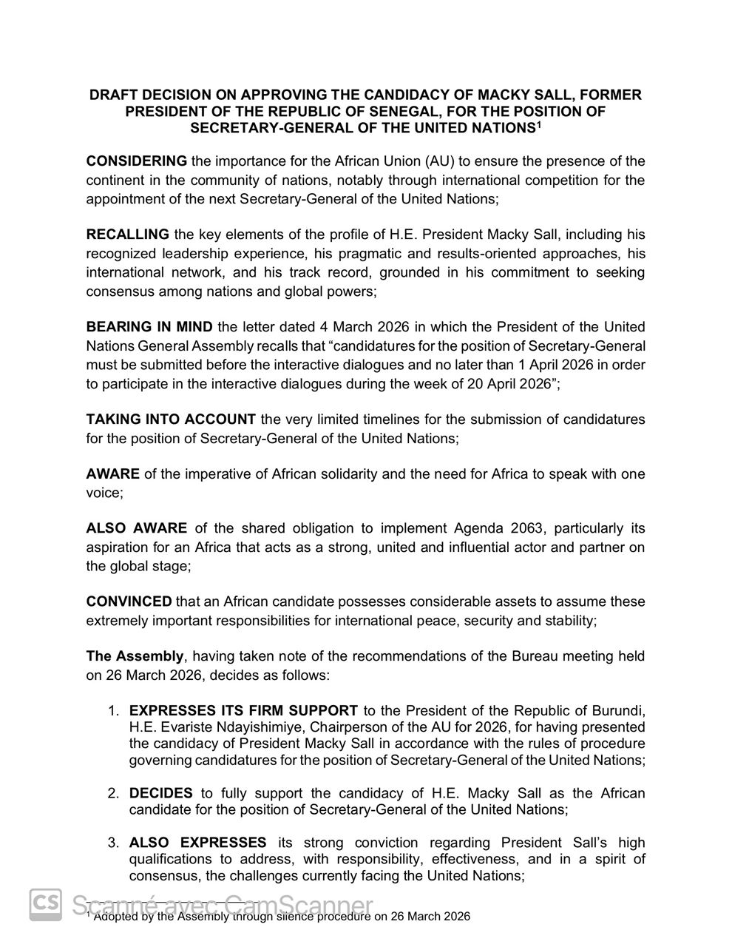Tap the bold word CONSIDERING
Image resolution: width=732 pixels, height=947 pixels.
[137, 161]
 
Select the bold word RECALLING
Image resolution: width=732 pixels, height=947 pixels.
[128, 235]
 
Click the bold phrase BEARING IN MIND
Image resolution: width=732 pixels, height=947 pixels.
[149, 327]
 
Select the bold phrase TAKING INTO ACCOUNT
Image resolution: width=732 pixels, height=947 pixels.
[171, 419]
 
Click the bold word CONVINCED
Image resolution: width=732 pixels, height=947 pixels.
[129, 601]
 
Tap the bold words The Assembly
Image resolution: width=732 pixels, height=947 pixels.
[135, 656]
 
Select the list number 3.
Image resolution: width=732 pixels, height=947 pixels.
[112, 843]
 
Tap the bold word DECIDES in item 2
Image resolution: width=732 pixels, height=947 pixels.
[160, 793]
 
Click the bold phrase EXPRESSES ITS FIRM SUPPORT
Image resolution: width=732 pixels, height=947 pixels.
[243, 711]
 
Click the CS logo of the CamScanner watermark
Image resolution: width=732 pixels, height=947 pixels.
[46, 904]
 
